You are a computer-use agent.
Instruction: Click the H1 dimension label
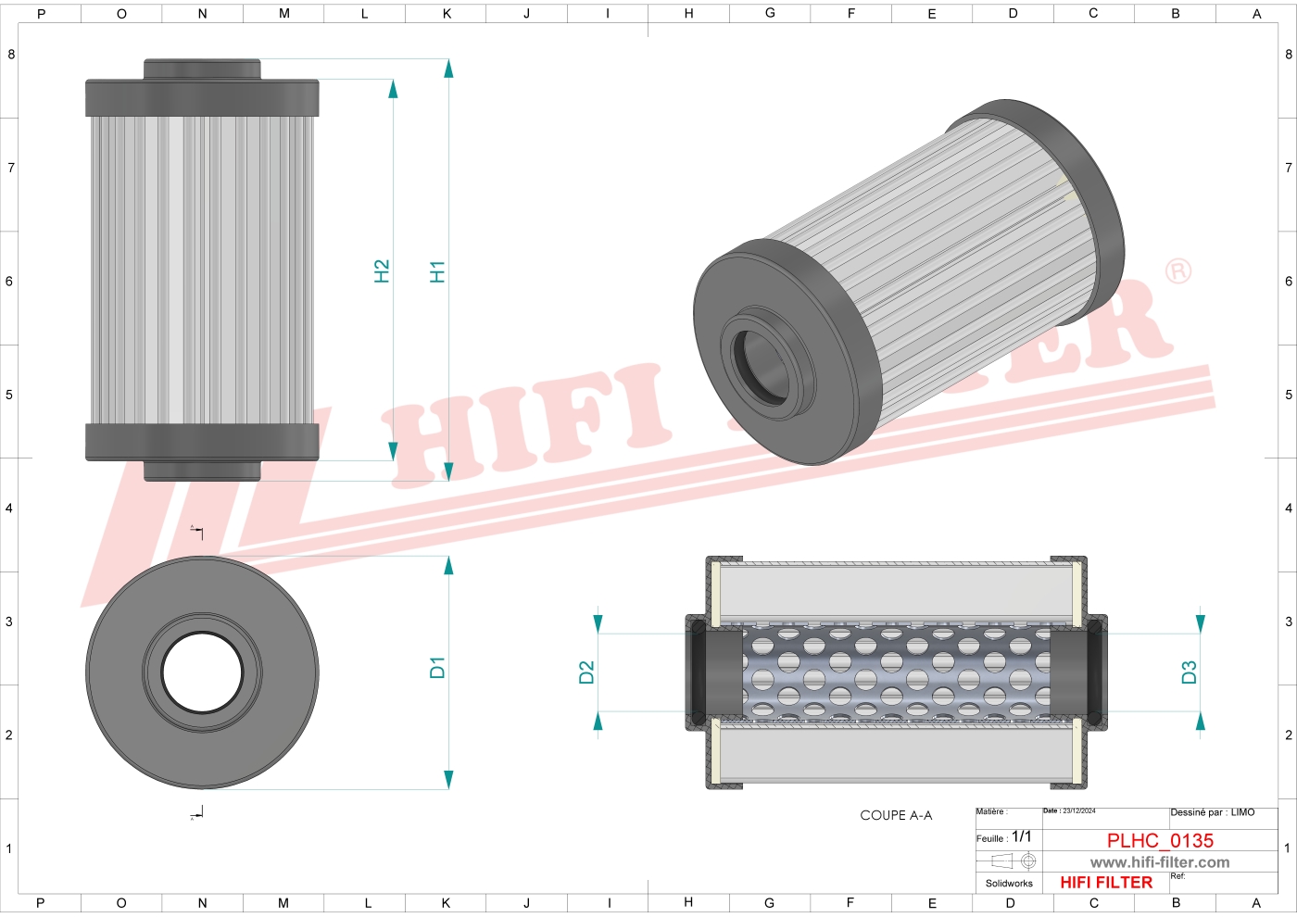[437, 271]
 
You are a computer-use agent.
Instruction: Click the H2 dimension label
[382, 271]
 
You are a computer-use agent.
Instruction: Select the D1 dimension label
[437, 667]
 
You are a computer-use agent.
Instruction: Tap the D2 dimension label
[586, 672]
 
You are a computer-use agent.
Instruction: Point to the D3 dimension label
[1189, 672]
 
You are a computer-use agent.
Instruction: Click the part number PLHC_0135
[1160, 840]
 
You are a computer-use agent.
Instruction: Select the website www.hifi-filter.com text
[1160, 862]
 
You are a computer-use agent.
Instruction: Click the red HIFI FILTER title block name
[1106, 883]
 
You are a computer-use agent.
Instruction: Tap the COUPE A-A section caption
[896, 815]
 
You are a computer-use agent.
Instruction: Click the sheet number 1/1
[1021, 836]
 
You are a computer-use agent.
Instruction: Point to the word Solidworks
[1009, 884]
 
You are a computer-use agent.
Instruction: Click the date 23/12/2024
[1078, 811]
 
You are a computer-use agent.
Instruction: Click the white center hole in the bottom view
[202, 672]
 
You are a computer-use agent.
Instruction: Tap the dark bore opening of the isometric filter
[760, 364]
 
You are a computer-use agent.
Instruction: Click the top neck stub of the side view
[202, 69]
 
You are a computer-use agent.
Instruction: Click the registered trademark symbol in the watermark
[1178, 271]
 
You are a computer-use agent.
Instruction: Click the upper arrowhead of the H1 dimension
[448, 69]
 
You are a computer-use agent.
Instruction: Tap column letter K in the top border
[447, 13]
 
